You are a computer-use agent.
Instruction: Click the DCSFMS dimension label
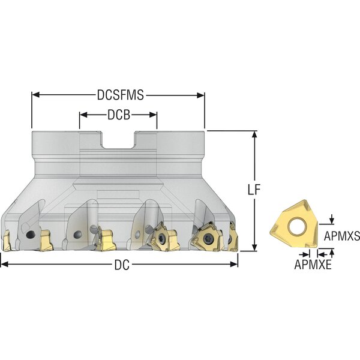click(121, 95)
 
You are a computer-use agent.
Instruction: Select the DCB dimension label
click(119, 115)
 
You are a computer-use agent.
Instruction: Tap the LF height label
click(254, 190)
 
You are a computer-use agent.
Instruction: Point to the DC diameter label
click(122, 265)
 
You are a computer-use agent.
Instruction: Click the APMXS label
click(342, 236)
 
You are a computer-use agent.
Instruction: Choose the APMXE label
click(313, 265)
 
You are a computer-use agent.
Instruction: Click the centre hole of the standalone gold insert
click(298, 226)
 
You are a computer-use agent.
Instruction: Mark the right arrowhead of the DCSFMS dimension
click(200, 95)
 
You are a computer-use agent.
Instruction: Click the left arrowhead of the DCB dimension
click(83, 115)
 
